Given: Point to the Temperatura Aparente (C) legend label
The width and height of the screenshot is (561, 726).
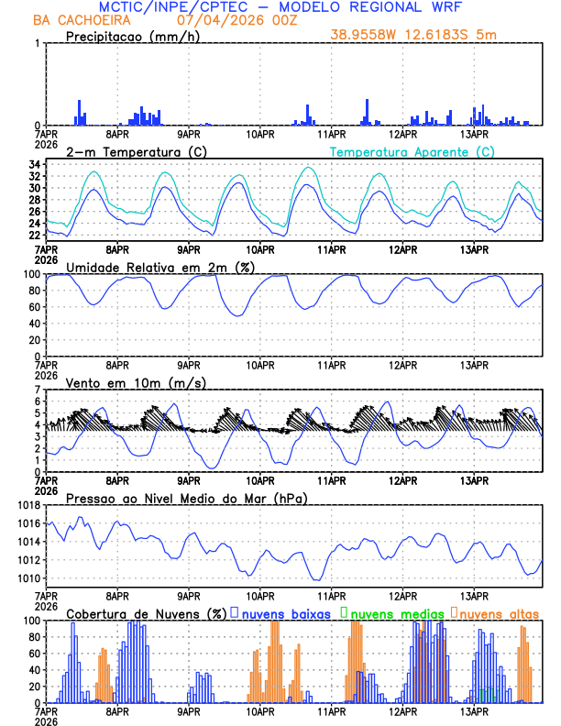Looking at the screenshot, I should (x=412, y=151).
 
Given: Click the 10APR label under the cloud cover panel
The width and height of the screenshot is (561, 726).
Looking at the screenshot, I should (x=261, y=710).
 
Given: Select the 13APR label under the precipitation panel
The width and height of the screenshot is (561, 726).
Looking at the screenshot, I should (x=474, y=133).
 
